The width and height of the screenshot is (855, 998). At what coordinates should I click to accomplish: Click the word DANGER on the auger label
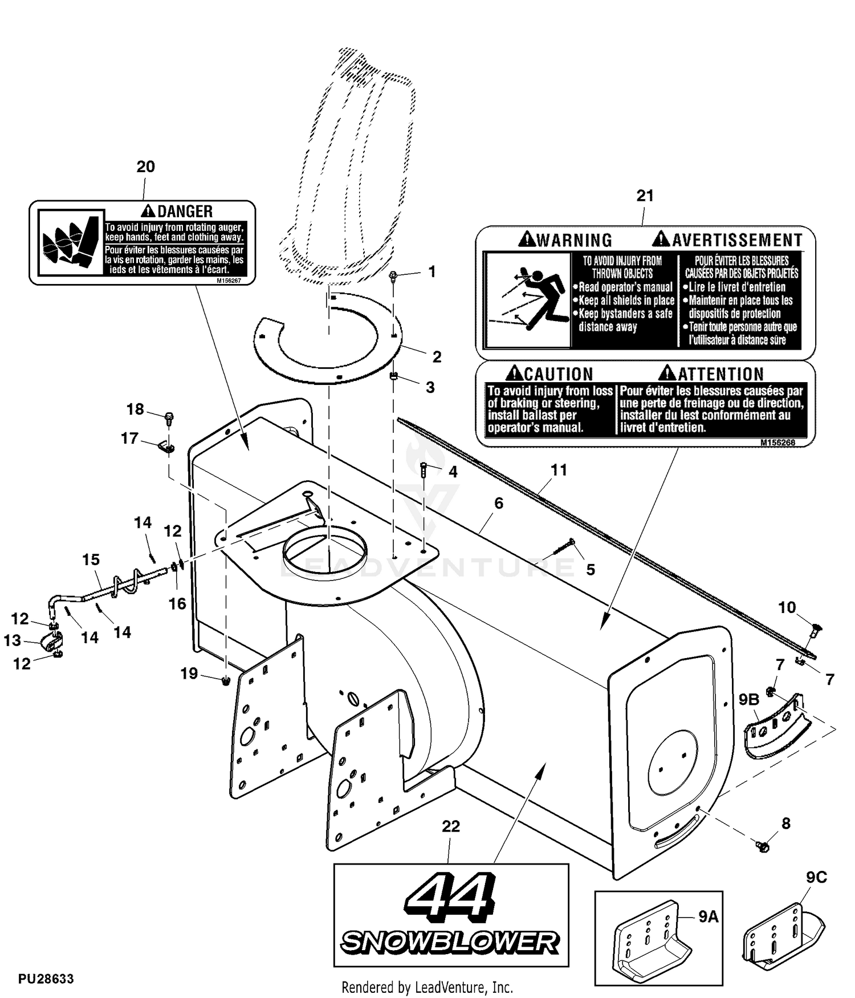point(185,212)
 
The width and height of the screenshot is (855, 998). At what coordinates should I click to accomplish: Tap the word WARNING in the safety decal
point(575,240)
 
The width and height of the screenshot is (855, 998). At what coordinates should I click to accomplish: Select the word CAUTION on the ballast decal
point(559,374)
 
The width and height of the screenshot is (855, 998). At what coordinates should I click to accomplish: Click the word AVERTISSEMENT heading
point(737,240)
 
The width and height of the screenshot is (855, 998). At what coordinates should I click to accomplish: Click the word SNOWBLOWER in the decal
point(450,942)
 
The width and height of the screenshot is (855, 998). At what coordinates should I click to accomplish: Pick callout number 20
point(145,167)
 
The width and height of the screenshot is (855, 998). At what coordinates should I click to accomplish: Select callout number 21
point(645,196)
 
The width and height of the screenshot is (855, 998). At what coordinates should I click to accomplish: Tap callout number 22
point(450,826)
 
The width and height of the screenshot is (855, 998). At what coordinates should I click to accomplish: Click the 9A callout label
point(708,916)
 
